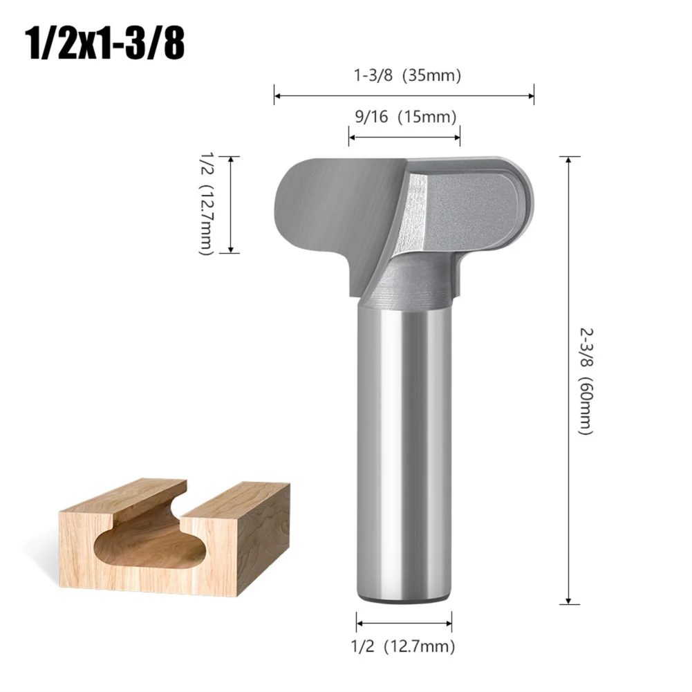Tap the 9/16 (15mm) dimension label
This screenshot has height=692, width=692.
pos(404,118)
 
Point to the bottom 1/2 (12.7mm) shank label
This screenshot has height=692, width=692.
pos(404,646)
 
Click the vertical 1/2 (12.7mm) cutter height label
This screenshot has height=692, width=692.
pos(205,205)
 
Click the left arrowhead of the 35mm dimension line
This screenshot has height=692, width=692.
pos(277,95)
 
